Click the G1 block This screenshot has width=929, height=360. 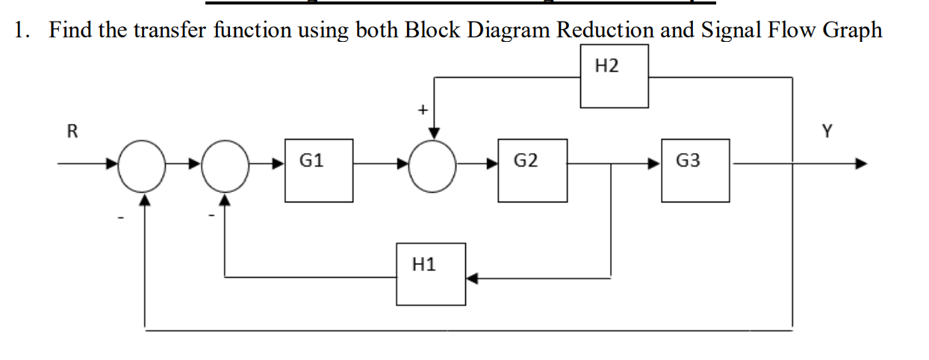coord(318,170)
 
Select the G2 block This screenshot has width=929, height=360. coord(532,170)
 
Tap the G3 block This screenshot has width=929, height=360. coord(695,170)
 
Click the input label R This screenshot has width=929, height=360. coord(72,133)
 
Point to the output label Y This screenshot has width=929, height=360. coord(826,132)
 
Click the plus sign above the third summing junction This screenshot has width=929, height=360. coord(421,111)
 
